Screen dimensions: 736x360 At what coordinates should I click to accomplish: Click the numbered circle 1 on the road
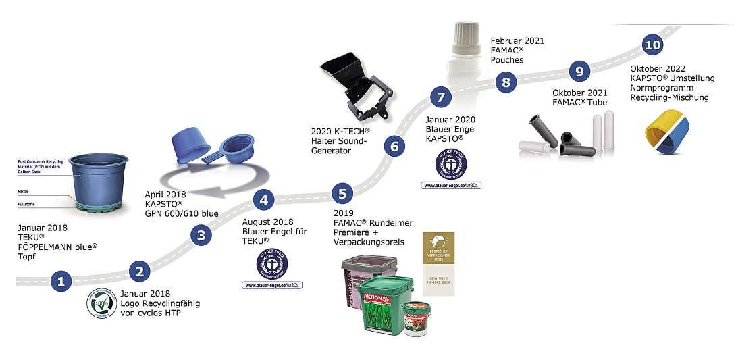pos(61,282)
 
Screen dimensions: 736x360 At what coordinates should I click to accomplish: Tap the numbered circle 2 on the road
pos(139,272)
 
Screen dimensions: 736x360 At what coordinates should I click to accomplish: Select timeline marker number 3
pos(201,235)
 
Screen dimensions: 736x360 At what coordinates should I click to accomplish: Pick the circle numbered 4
pos(264,200)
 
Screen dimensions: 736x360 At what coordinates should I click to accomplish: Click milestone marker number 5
pos(342,194)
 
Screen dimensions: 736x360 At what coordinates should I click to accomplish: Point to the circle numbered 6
pos(395,145)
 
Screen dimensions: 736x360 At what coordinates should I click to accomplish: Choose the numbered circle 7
pos(440,97)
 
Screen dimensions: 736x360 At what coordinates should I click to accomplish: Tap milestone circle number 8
pos(505,82)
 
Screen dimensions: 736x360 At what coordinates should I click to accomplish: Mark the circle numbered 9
pos(579,70)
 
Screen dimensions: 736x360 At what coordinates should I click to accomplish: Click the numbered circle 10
pos(652,45)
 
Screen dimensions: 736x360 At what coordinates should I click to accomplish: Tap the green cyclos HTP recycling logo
pos(102,303)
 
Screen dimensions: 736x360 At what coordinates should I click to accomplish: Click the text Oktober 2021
pos(580,93)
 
